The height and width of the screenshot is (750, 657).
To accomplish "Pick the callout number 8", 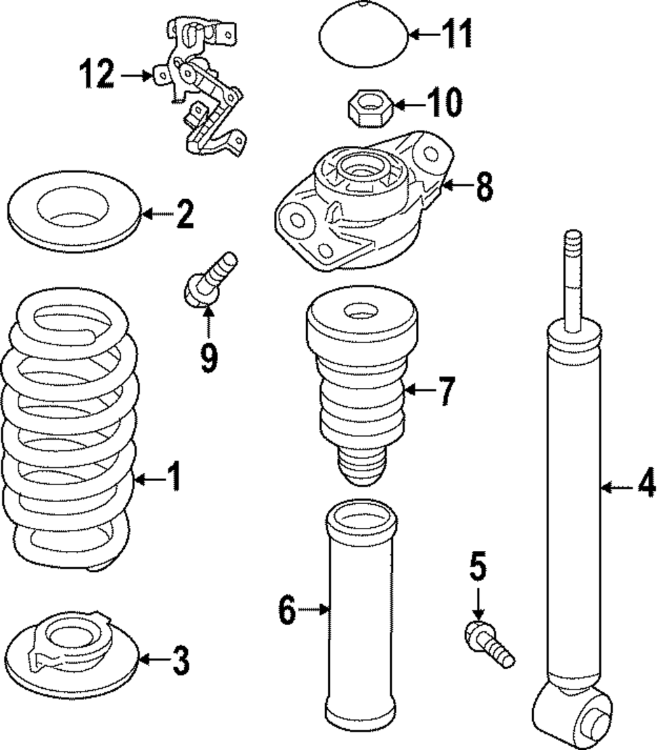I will [484, 187].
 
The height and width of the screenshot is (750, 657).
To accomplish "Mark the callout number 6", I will [287, 610].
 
